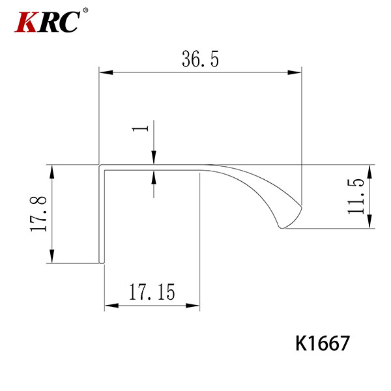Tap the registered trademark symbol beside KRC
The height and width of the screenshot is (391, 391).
tap(85, 10)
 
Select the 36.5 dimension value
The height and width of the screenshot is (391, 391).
tap(200, 59)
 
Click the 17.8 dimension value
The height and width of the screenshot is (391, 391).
tap(38, 214)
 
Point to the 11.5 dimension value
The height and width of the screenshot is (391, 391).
tap(356, 197)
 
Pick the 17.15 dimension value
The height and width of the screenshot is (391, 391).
tap(152, 292)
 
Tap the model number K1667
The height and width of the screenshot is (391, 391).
tap(323, 343)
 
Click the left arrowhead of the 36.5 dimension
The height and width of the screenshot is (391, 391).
tap(106, 72)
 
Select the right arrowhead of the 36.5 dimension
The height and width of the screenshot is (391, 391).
tap(295, 72)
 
